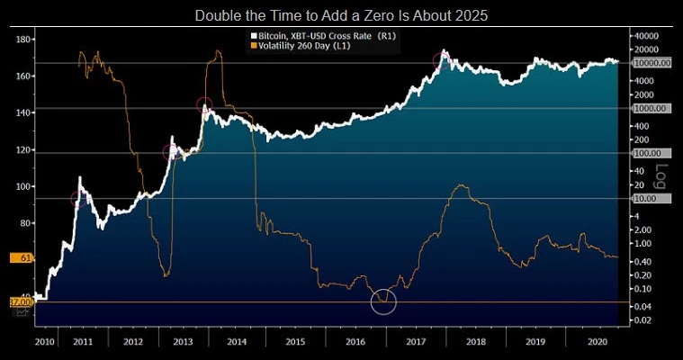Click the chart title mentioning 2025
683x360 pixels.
point(341,15)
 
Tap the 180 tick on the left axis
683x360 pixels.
point(25,40)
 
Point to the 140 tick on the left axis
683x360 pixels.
point(25,112)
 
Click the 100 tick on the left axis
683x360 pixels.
point(25,186)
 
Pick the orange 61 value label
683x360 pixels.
point(26,258)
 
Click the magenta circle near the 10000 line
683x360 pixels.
point(441,61)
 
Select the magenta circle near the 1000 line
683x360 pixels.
point(204,105)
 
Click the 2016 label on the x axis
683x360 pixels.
point(356,342)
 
